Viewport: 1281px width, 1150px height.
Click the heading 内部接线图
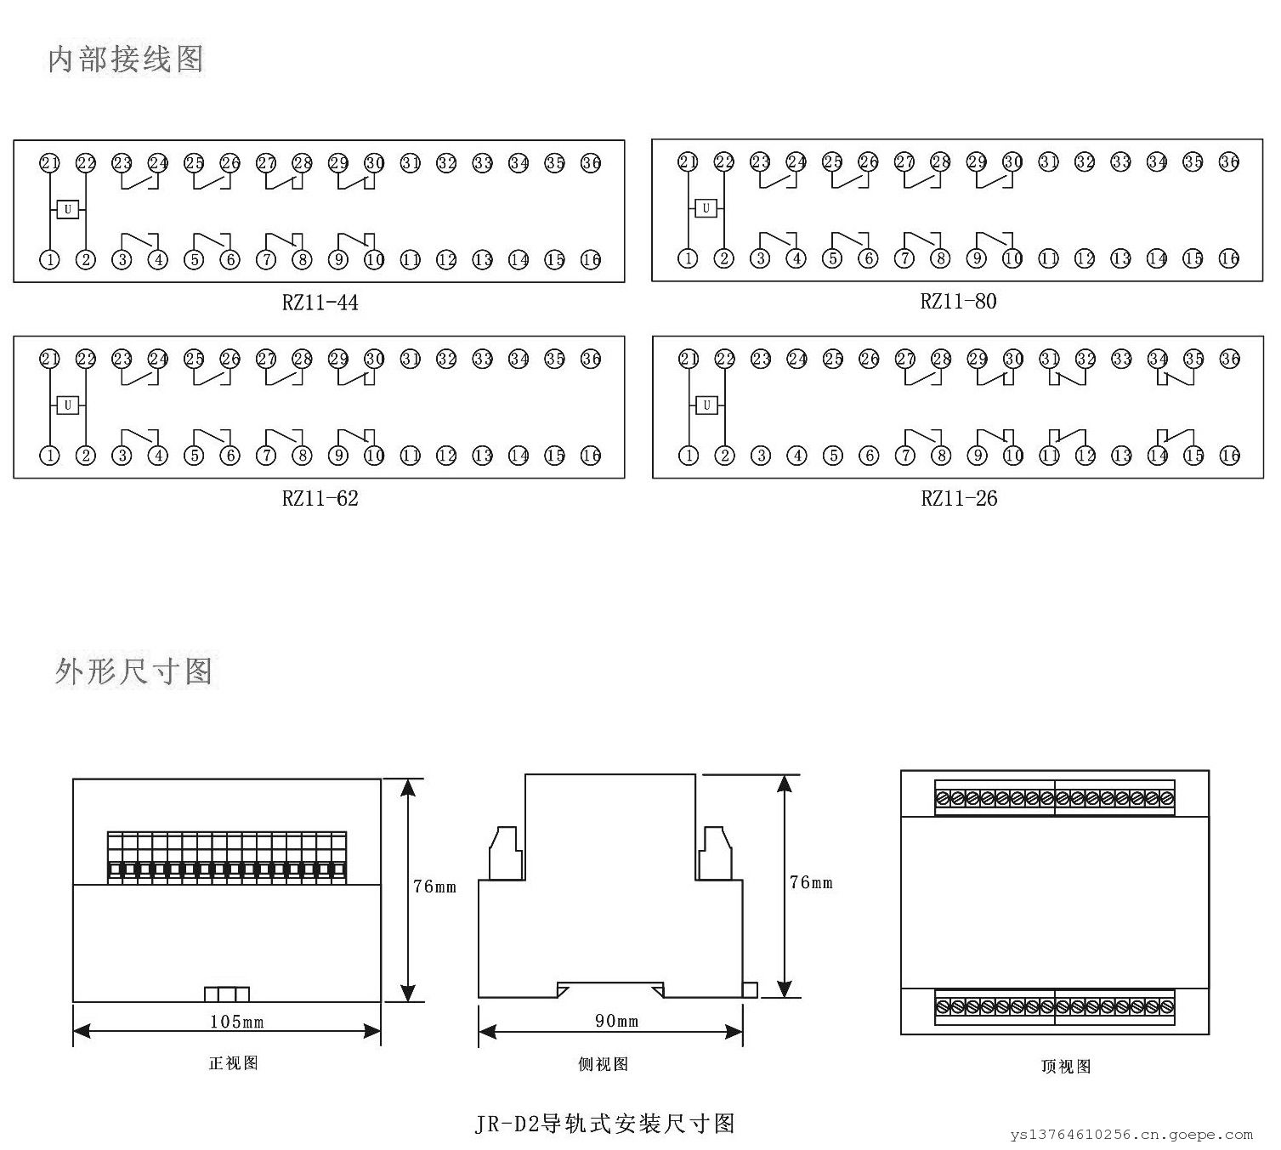pyautogui.click(x=125, y=59)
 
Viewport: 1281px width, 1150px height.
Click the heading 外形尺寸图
pyautogui.click(x=133, y=671)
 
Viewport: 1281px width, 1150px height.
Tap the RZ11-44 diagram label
pyautogui.click(x=320, y=303)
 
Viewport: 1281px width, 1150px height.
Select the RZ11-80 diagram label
pyautogui.click(x=958, y=301)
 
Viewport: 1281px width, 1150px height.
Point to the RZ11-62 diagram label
pyautogui.click(x=320, y=498)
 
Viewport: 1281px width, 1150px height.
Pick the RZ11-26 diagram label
pyautogui.click(x=959, y=498)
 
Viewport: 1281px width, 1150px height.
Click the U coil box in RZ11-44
pyautogui.click(x=68, y=209)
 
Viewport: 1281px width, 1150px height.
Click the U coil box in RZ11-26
pyautogui.click(x=706, y=405)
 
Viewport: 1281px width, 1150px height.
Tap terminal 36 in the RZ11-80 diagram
pyautogui.click(x=1229, y=161)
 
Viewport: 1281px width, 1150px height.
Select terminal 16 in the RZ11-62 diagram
pyautogui.click(x=591, y=456)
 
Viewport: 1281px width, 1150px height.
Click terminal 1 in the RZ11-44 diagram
pyautogui.click(x=50, y=259)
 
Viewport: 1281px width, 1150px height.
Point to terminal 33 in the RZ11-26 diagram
pyautogui.click(x=1122, y=359)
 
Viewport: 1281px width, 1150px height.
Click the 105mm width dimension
pyautogui.click(x=236, y=1022)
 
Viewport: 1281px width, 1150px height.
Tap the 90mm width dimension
pyautogui.click(x=616, y=1021)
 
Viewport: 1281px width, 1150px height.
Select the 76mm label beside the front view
pyautogui.click(x=434, y=887)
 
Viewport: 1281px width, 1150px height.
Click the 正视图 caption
pyautogui.click(x=233, y=1063)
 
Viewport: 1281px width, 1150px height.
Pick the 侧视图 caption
pyautogui.click(x=603, y=1064)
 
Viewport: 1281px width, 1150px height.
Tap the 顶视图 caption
pyautogui.click(x=1065, y=1066)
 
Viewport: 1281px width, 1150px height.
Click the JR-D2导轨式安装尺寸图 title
pyautogui.click(x=604, y=1124)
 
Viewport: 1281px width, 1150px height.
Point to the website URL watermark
pyautogui.click(x=1131, y=1135)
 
